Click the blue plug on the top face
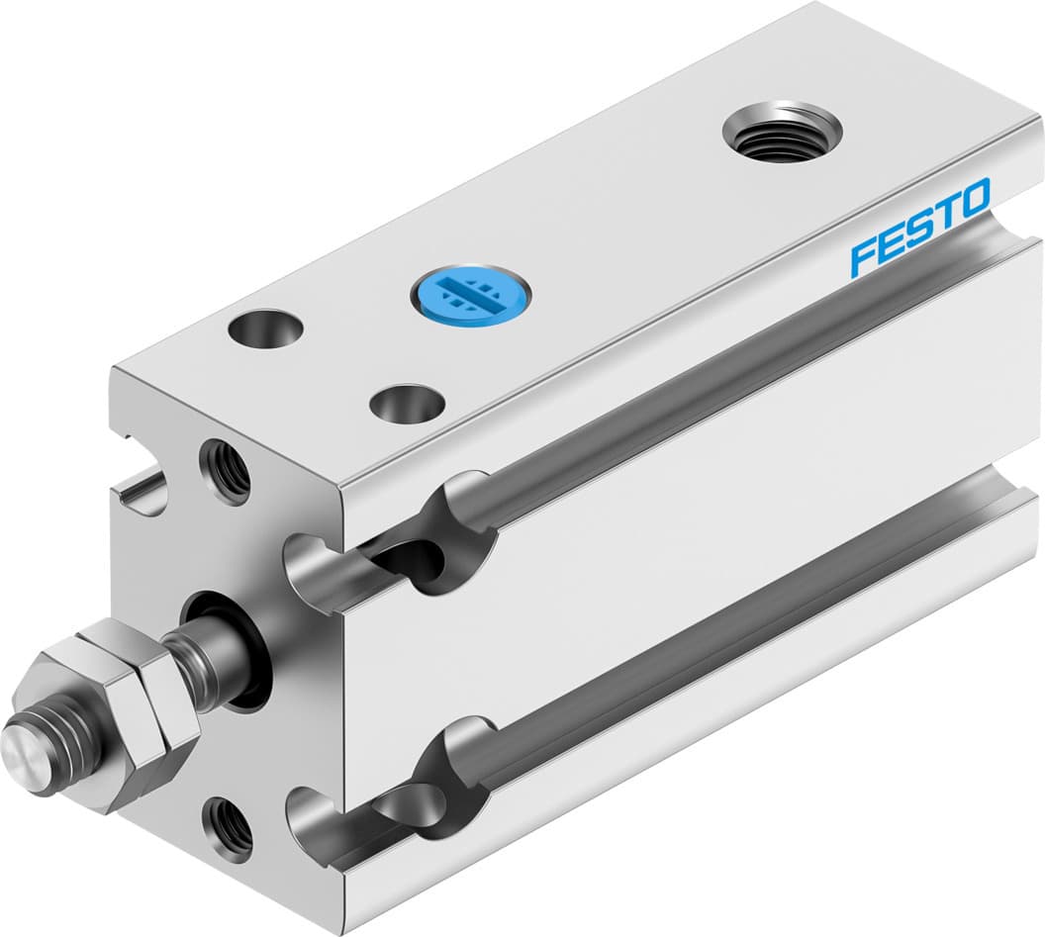tap(471, 292)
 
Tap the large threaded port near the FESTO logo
tap(782, 131)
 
